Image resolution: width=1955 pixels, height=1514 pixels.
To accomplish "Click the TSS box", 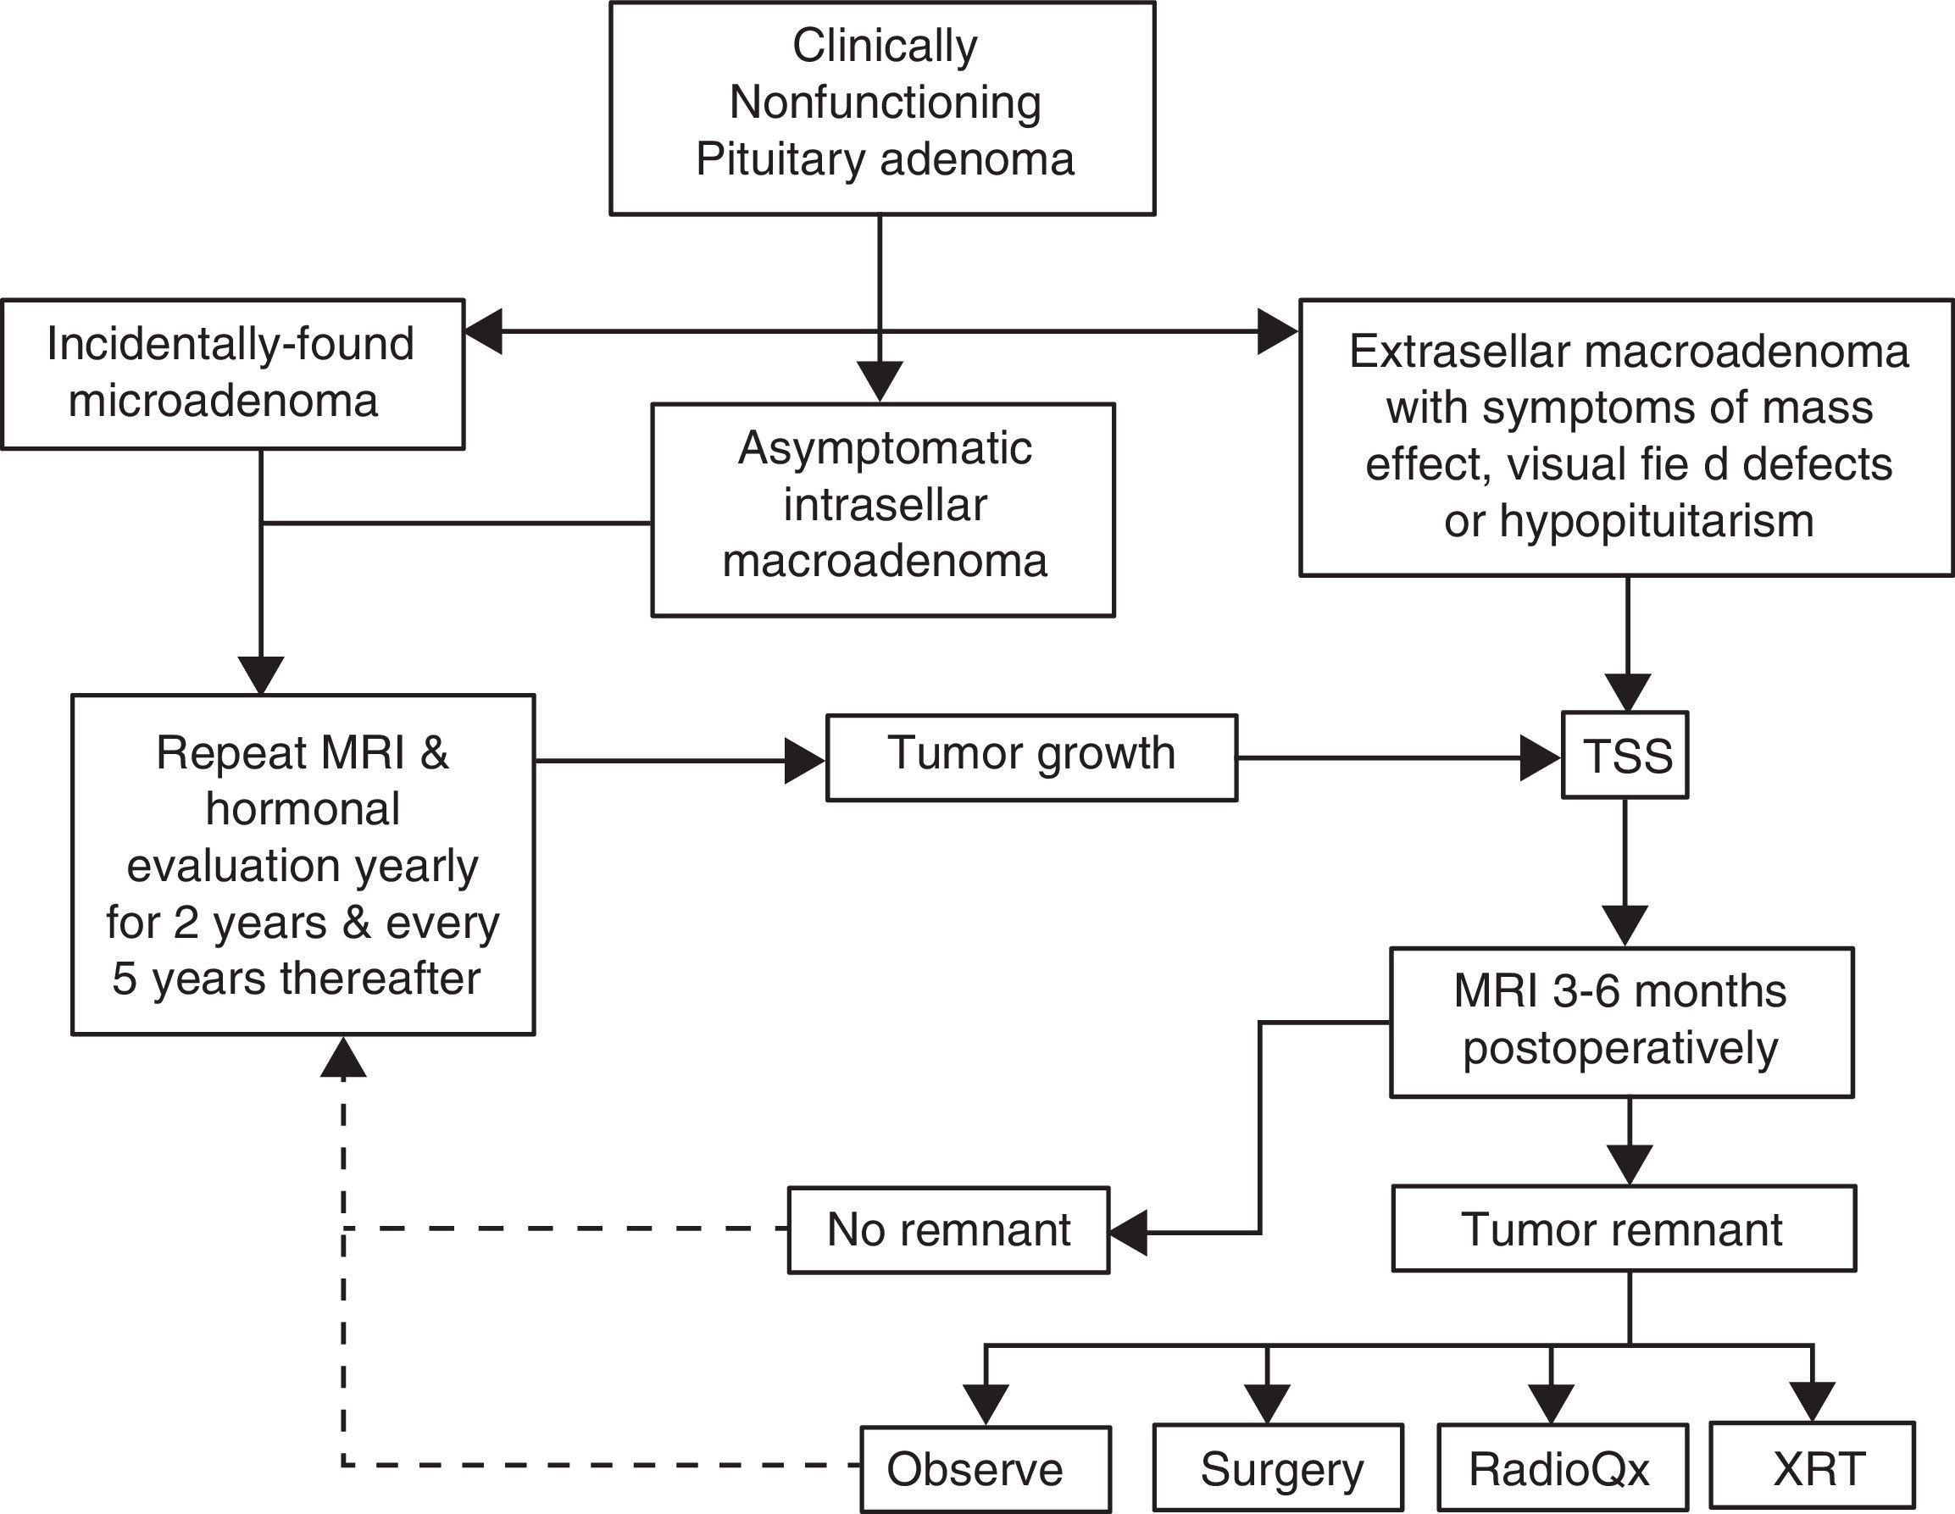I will (x=1625, y=755).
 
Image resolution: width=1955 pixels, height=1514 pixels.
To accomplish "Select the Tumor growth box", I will (x=1031, y=757).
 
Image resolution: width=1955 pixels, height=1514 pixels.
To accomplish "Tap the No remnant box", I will (x=948, y=1229).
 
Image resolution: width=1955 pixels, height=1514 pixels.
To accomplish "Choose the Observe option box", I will (x=985, y=1468).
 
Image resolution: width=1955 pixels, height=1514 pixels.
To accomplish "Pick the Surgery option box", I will (x=1277, y=1468).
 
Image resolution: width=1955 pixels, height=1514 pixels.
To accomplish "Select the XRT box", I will (x=1812, y=1468).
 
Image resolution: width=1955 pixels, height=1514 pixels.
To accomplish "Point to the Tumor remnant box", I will (x=1623, y=1228).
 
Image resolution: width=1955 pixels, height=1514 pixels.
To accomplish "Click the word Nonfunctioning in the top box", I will (x=885, y=102).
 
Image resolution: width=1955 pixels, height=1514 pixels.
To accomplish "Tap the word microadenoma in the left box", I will (x=223, y=401).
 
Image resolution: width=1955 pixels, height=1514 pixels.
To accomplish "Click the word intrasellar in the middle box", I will (x=885, y=505).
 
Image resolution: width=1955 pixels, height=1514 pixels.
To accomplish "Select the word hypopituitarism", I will (x=1628, y=521).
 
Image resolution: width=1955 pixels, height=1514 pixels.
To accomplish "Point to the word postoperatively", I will (x=1620, y=1048).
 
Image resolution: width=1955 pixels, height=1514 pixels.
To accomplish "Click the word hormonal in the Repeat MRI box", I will (x=303, y=809).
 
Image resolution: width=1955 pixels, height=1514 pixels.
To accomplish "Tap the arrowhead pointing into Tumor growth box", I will (x=805, y=761).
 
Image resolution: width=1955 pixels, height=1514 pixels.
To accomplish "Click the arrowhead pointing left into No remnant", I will (x=1128, y=1234).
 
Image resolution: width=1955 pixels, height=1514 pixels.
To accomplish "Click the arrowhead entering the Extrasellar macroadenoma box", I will (x=1277, y=331).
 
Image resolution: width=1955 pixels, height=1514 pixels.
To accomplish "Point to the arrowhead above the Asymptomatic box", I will (x=880, y=381).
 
